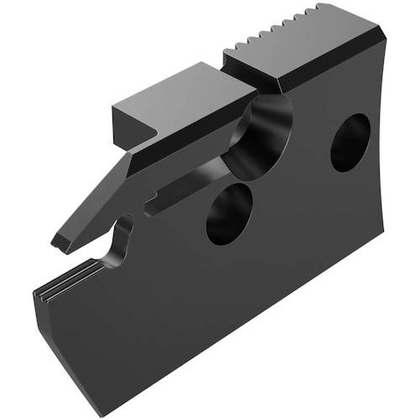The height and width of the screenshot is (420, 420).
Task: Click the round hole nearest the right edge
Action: [x=349, y=143]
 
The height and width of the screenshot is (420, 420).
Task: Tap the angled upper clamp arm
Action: [x=109, y=185]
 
